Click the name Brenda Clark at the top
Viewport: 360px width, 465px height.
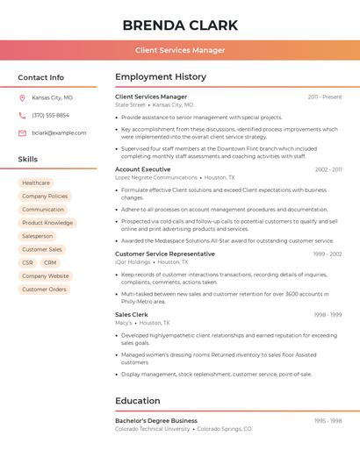(x=180, y=25)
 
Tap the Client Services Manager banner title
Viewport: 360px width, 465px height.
(x=180, y=50)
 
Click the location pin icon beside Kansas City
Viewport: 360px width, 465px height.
(x=22, y=97)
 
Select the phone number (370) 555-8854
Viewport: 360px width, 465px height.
(x=50, y=115)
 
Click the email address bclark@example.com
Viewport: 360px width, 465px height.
(x=59, y=132)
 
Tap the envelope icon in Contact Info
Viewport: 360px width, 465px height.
(x=22, y=132)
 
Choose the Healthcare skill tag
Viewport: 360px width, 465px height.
(x=36, y=182)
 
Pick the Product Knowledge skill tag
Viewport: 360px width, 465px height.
(x=47, y=223)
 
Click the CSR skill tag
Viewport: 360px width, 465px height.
(x=27, y=262)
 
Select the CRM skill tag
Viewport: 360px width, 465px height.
(x=50, y=262)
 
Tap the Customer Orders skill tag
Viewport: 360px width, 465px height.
(x=44, y=289)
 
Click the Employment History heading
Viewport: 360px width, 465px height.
(x=161, y=77)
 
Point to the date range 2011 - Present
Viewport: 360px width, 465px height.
(x=325, y=97)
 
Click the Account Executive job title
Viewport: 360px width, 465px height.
(x=142, y=169)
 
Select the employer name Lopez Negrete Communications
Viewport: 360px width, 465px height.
(x=156, y=177)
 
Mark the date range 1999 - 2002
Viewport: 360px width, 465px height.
(x=327, y=254)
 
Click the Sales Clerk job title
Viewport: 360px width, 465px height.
(x=132, y=314)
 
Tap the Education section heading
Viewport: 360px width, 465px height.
(x=138, y=401)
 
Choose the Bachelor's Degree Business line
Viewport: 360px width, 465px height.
(x=156, y=420)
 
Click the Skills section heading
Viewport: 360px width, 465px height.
(x=28, y=159)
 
